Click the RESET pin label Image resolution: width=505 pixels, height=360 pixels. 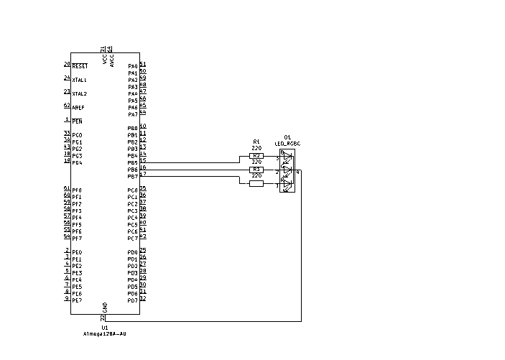(x=80, y=66)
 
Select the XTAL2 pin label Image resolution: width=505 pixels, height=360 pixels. (x=80, y=93)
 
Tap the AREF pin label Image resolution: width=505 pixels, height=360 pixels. (x=78, y=107)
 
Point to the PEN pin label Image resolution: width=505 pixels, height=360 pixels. (x=77, y=121)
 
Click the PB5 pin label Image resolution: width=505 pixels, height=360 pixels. (x=132, y=162)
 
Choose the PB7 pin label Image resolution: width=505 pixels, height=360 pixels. (x=132, y=176)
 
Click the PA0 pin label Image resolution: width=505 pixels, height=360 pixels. (x=132, y=66)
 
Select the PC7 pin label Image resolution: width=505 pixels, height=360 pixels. (x=132, y=239)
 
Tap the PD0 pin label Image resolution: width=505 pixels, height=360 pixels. (x=132, y=252)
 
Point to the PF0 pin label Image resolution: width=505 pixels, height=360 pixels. (x=77, y=190)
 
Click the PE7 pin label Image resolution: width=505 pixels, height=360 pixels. (x=77, y=300)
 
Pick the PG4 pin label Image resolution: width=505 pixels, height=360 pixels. (x=77, y=162)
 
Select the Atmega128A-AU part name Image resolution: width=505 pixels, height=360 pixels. (x=105, y=333)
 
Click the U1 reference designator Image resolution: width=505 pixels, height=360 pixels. (x=105, y=327)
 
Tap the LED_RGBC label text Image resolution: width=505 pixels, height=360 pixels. (x=287, y=144)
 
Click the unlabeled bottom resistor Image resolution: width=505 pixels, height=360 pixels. (x=256, y=184)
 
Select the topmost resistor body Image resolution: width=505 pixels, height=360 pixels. (x=256, y=156)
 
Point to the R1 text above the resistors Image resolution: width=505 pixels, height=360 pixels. (x=256, y=142)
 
